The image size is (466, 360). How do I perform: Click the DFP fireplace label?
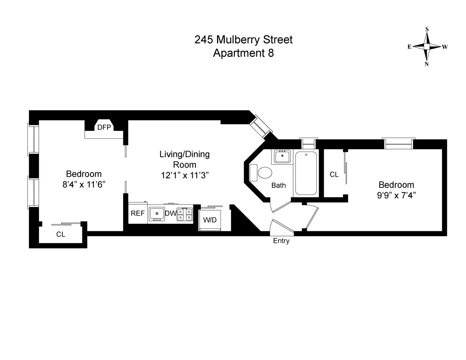(x=104, y=127)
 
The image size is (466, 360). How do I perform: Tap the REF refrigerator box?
(x=137, y=213)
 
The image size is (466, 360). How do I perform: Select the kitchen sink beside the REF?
(x=157, y=213)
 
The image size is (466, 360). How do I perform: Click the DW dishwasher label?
(x=170, y=213)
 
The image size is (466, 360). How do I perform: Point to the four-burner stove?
(x=185, y=214)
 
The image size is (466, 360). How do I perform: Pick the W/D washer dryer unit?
(x=210, y=220)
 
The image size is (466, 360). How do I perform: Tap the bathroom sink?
(x=282, y=157)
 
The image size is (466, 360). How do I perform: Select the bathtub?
(x=306, y=173)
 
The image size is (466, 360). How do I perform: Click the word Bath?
(x=278, y=185)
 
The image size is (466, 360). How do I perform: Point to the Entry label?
(x=281, y=241)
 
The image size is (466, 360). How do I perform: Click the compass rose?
(x=427, y=47)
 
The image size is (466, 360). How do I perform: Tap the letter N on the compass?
(x=427, y=64)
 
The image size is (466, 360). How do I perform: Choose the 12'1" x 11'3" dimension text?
(x=185, y=175)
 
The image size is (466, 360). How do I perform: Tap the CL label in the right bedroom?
(x=334, y=175)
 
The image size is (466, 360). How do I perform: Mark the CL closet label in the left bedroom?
(x=61, y=235)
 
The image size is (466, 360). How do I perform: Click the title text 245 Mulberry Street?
(x=243, y=40)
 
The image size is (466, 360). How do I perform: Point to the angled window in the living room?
(x=259, y=125)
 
